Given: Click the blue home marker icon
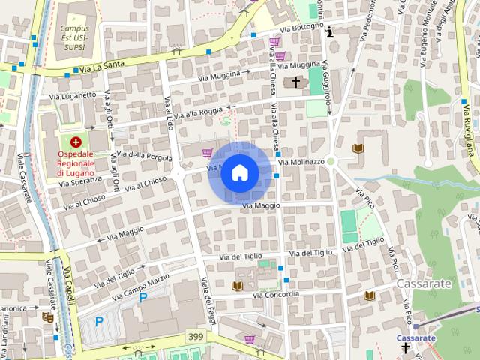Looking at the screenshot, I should coord(239,173).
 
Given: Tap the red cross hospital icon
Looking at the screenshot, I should coord(75,142).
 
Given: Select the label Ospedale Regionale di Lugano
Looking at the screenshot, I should coord(75,164).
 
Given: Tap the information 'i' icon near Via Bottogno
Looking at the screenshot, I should coord(329,31).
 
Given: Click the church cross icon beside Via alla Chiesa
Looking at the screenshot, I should coord(296,82).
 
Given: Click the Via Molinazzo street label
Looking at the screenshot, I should coord(301,161).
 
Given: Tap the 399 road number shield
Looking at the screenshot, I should coord(197,334).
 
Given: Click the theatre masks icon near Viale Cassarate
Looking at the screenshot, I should coord(47,318).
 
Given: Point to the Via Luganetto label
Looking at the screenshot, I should coord(73,95).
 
